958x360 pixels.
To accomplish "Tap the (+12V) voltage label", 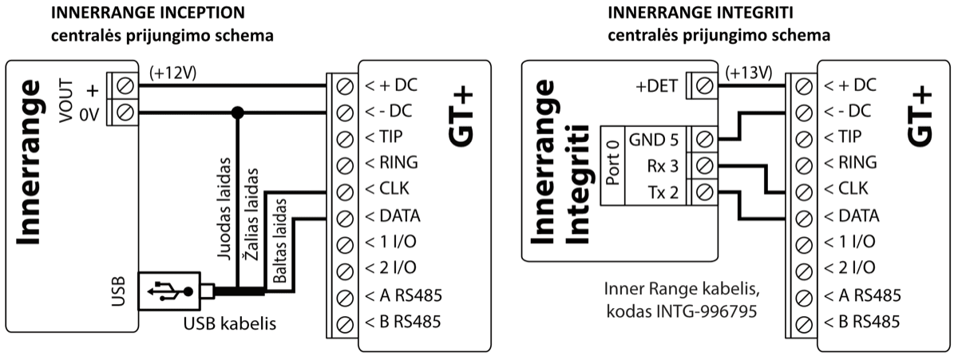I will pyautogui.click(x=172, y=73).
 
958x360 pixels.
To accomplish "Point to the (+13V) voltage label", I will pyautogui.click(x=750, y=73).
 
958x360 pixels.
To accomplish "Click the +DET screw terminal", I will pyautogui.click(x=704, y=85).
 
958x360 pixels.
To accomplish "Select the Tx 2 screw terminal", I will pyautogui.click(x=704, y=192).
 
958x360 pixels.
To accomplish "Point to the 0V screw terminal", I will pyautogui.click(x=125, y=112).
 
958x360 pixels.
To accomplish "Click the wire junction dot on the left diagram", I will pyautogui.click(x=236, y=112).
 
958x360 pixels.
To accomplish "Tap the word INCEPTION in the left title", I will pyautogui.click(x=196, y=14).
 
